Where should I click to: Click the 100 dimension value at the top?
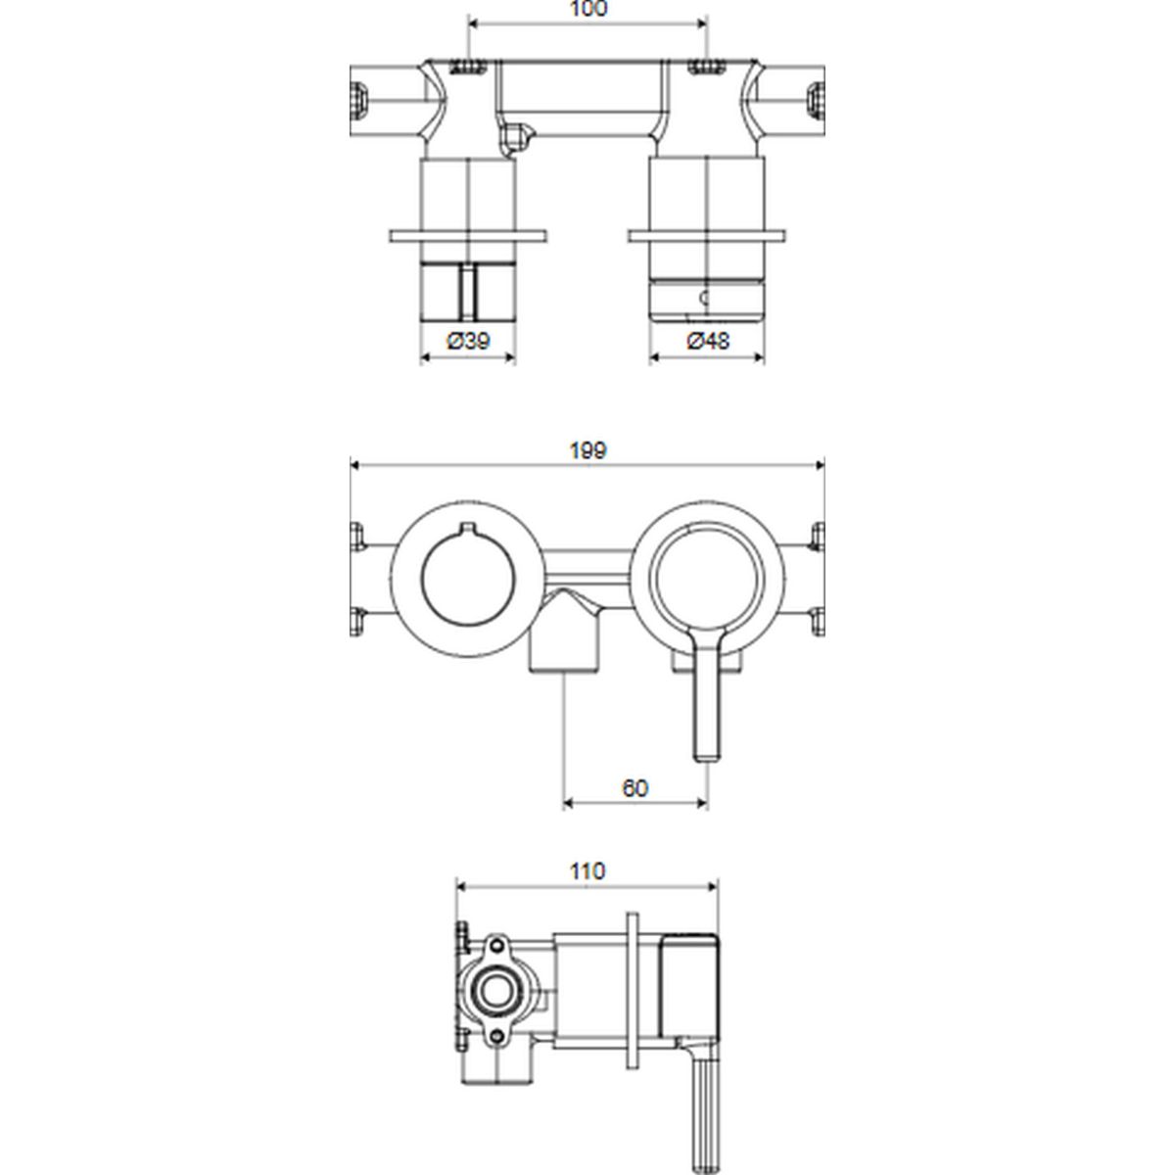pyautogui.click(x=588, y=9)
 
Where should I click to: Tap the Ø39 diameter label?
pyautogui.click(x=468, y=341)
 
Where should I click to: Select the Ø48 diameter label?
pyautogui.click(x=708, y=341)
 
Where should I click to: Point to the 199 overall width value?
pyautogui.click(x=587, y=450)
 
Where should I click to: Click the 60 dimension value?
pyautogui.click(x=634, y=788)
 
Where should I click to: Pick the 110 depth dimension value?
pyautogui.click(x=587, y=870)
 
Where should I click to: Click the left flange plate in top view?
pyautogui.click(x=468, y=235)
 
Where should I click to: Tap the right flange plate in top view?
pyautogui.click(x=707, y=235)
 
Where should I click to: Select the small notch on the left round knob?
pyautogui.click(x=468, y=528)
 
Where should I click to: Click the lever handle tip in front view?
pyautogui.click(x=708, y=757)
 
